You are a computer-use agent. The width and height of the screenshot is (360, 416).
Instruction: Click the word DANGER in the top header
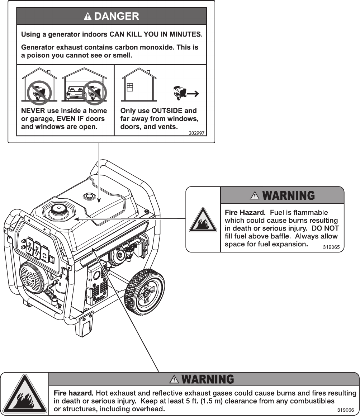click(x=117, y=16)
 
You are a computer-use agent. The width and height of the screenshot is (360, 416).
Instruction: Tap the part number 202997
click(x=196, y=133)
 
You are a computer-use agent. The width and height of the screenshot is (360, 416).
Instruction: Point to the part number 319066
click(x=346, y=410)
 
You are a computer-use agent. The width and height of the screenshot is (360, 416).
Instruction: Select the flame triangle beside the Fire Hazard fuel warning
click(x=203, y=220)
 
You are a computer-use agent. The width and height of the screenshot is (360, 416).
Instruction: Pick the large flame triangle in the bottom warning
click(x=24, y=394)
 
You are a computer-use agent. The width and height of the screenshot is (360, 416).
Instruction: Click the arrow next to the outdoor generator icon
click(x=193, y=94)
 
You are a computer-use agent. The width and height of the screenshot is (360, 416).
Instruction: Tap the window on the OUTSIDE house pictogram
click(x=130, y=87)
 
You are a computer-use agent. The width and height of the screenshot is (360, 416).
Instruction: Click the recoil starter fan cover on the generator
click(x=32, y=277)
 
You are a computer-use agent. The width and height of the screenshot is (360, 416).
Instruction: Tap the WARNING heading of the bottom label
click(x=208, y=379)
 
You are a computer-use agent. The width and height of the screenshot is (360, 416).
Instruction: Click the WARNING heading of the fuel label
click(x=289, y=195)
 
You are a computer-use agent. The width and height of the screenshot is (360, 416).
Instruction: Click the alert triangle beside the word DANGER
click(x=88, y=16)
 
